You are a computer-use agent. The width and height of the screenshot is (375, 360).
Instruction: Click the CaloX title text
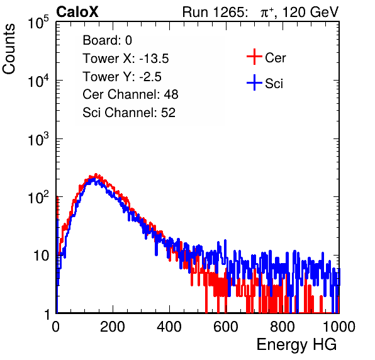tap(77, 12)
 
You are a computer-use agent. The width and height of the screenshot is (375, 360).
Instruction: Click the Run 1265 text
tap(215, 12)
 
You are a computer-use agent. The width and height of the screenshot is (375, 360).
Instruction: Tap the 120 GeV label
tap(310, 12)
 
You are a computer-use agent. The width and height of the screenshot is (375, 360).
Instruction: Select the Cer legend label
tap(275, 58)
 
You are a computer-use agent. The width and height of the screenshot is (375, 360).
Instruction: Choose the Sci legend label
tap(274, 83)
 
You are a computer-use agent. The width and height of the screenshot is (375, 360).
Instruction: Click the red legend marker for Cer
tap(254, 57)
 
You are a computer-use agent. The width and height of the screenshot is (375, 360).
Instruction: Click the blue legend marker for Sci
tap(254, 82)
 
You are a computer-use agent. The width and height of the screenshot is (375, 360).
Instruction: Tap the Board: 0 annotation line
tap(107, 40)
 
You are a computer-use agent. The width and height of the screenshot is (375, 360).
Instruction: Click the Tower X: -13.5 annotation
tap(126, 59)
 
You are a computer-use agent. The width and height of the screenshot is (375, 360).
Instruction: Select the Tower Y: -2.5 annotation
tap(122, 77)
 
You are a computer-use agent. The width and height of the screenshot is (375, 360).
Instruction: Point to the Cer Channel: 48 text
tap(130, 94)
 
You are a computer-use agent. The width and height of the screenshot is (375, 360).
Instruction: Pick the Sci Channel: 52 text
tap(129, 113)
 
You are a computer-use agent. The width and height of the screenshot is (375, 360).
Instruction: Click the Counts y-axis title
tap(9, 49)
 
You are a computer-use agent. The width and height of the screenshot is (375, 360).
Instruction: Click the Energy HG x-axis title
tap(296, 345)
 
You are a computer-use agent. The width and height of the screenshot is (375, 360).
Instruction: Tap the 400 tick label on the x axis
tap(169, 327)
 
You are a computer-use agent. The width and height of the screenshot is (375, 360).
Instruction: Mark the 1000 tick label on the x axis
tap(339, 327)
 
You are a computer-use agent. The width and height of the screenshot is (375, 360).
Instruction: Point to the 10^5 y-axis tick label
tap(38, 23)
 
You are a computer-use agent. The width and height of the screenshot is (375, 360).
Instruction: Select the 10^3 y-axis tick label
tap(38, 140)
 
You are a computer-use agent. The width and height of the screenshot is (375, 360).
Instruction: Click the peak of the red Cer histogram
tap(96, 174)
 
